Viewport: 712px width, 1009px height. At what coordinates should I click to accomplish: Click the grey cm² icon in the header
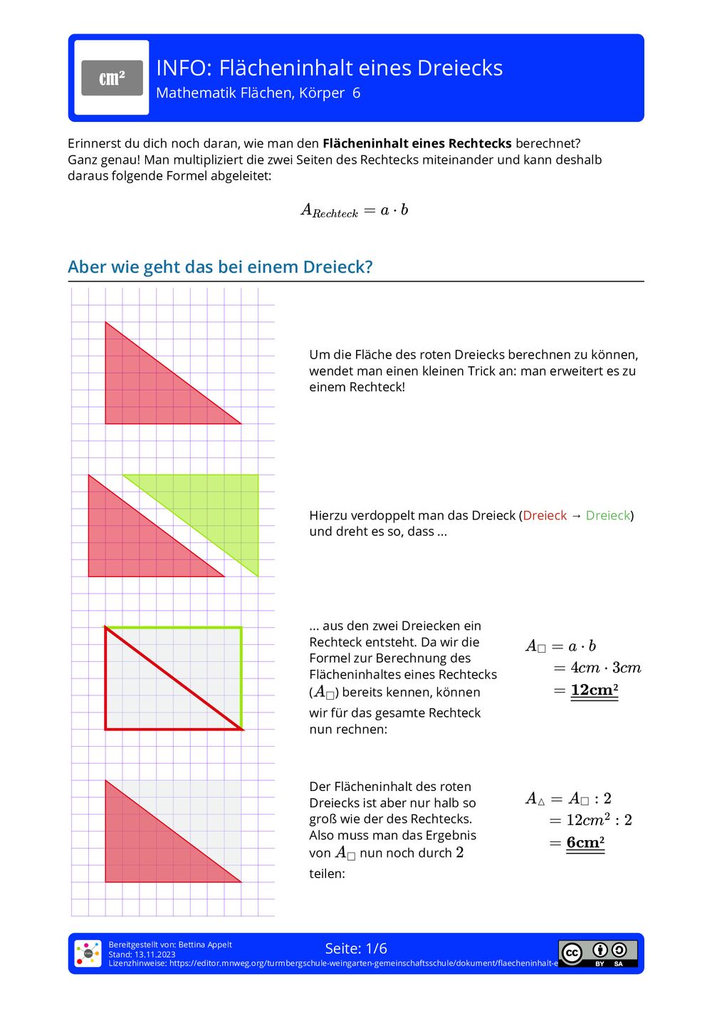click(112, 78)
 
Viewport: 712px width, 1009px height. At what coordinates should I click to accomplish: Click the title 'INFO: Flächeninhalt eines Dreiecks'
click(329, 68)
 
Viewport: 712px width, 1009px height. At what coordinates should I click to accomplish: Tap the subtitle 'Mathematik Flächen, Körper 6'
click(258, 93)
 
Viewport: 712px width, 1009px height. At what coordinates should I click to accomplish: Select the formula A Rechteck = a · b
click(355, 210)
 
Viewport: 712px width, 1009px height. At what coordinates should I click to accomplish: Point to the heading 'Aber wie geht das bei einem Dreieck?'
click(220, 267)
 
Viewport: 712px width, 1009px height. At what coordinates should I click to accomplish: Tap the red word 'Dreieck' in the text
click(545, 515)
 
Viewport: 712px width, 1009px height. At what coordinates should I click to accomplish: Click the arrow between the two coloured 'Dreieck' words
click(576, 515)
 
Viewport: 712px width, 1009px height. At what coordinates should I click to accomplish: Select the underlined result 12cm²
click(594, 690)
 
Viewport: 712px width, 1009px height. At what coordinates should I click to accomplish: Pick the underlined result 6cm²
click(585, 842)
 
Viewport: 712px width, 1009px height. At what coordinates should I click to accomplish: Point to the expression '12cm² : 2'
click(599, 820)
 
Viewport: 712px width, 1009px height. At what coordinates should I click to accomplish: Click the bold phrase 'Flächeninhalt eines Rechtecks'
click(417, 143)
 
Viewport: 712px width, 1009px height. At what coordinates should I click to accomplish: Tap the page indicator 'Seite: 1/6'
click(356, 948)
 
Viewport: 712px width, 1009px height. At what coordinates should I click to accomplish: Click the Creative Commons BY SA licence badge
click(597, 953)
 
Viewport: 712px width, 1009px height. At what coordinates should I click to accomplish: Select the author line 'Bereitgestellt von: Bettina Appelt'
click(170, 945)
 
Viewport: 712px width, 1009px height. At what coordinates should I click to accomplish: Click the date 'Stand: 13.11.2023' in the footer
click(142, 954)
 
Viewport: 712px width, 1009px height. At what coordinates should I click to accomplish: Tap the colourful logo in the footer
click(88, 953)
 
